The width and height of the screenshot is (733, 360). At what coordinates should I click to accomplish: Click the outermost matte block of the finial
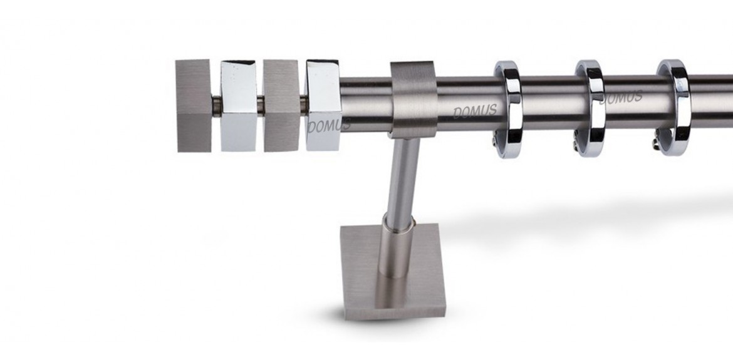click(x=194, y=106)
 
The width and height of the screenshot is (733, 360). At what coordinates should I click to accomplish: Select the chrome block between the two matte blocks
click(x=239, y=106)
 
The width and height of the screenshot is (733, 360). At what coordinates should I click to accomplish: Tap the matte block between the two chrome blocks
click(x=281, y=106)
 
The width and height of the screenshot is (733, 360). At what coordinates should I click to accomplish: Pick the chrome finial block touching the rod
click(x=323, y=106)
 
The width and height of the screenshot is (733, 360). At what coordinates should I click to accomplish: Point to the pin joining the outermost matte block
click(x=216, y=106)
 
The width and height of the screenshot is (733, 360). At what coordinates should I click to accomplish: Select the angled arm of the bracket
click(x=401, y=180)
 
